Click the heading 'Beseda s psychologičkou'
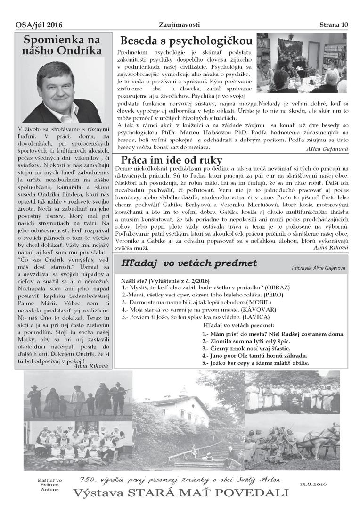click(x=185, y=40)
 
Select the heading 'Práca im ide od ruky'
click(x=171, y=160)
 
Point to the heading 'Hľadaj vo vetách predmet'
click(x=188, y=263)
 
